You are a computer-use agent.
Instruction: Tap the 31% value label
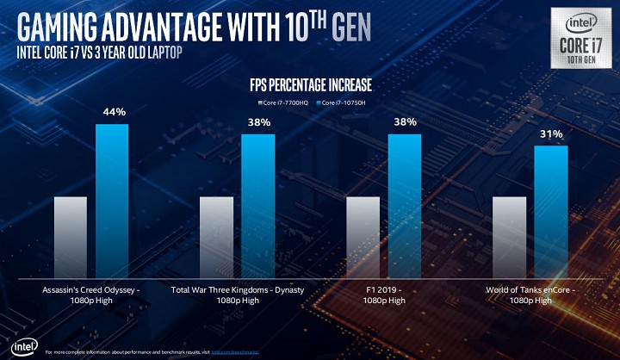552,133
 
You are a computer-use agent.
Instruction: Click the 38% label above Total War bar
259,123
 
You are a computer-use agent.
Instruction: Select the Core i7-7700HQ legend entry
285,102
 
